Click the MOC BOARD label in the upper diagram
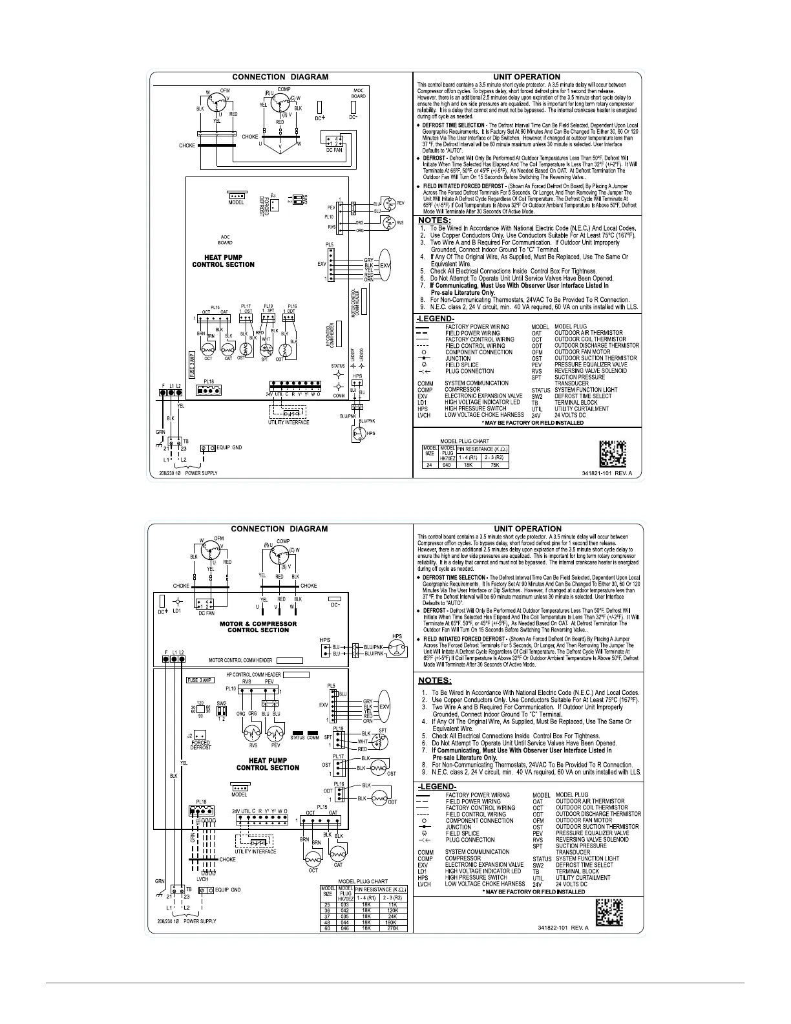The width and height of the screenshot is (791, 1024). point(358,92)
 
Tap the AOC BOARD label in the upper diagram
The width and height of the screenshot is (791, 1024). point(226,240)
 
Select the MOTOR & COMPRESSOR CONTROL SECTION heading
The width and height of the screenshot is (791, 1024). point(258,627)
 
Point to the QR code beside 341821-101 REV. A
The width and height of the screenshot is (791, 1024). point(613,453)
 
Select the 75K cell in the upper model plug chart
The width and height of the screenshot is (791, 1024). point(494,464)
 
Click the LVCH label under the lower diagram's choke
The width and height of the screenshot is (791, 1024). point(202,879)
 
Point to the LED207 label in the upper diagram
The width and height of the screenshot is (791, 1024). point(351,355)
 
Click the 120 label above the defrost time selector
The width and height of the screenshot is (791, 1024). point(200,702)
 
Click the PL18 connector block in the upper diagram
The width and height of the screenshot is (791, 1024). point(211,390)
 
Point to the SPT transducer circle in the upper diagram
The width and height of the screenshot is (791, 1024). point(264,350)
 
